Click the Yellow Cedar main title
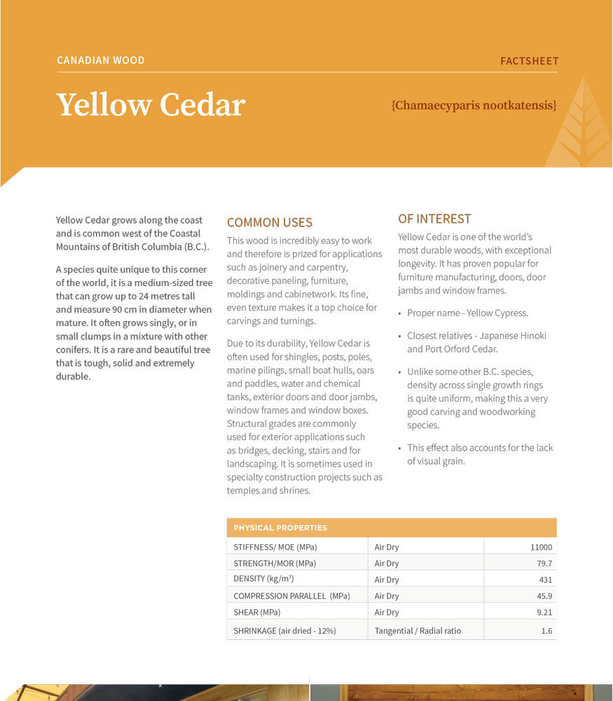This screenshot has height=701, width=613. (151, 105)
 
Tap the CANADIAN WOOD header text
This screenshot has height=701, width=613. (101, 60)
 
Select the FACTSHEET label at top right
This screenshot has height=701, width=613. (529, 61)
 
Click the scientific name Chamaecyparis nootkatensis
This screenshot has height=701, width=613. (474, 106)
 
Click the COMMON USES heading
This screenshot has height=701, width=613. (270, 223)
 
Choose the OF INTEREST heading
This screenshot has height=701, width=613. (434, 219)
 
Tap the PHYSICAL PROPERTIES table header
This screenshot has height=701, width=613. (280, 528)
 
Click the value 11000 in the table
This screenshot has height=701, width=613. (541, 547)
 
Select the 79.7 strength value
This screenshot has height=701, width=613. (544, 564)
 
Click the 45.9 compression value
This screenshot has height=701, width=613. (544, 596)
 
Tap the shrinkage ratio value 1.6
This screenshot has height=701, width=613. (546, 631)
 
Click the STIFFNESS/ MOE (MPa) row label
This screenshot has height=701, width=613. (275, 547)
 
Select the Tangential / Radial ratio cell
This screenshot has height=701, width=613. (418, 631)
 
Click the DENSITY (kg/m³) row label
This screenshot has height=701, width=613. (263, 579)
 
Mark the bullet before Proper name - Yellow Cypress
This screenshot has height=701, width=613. (400, 313)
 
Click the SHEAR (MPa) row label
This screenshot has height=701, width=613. (257, 612)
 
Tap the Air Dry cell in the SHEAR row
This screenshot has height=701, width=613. (387, 612)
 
